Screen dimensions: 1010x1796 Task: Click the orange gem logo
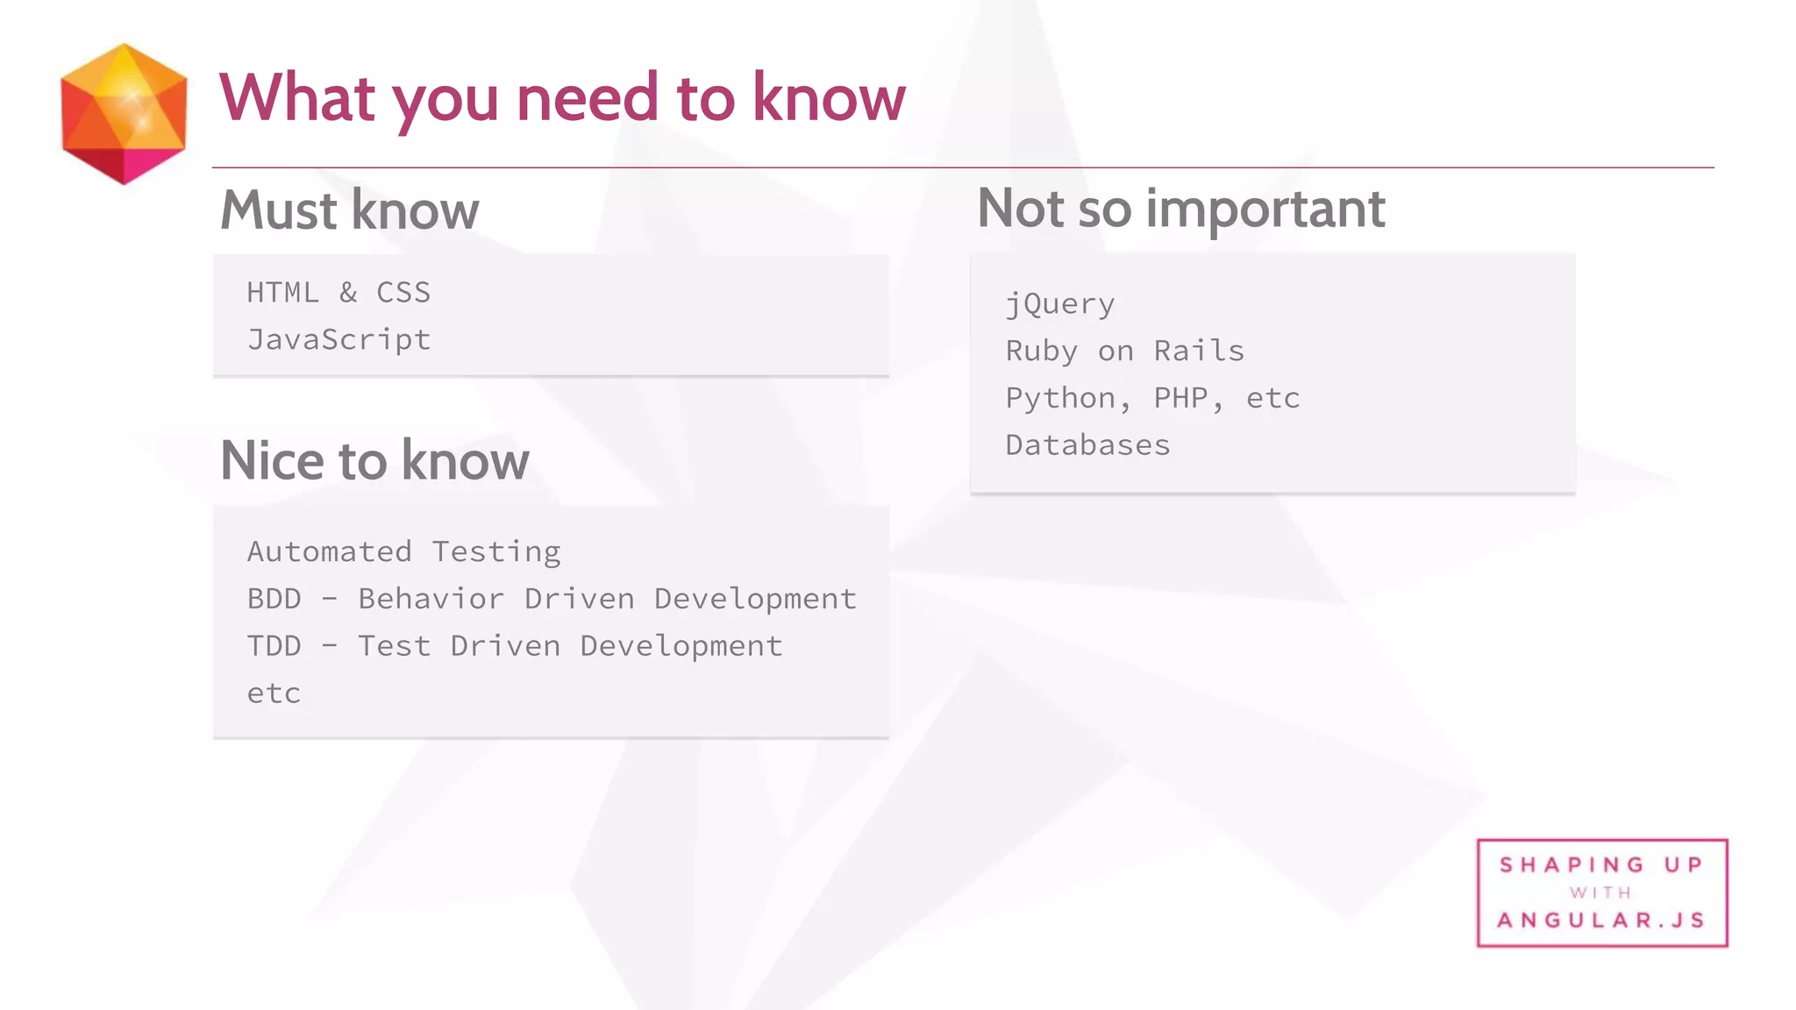(x=124, y=114)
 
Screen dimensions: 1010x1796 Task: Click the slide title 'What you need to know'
(x=561, y=97)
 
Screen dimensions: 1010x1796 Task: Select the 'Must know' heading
(x=349, y=210)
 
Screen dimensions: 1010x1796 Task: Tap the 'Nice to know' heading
(x=374, y=461)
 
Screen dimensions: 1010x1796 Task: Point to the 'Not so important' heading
(x=1180, y=209)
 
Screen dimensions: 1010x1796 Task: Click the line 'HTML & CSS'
(x=339, y=292)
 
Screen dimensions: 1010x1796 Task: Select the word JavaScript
(x=339, y=339)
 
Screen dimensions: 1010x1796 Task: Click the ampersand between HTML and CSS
(x=348, y=292)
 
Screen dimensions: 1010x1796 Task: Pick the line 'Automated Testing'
(x=403, y=551)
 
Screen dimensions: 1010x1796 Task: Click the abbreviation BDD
(x=274, y=599)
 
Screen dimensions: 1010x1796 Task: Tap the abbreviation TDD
(x=274, y=646)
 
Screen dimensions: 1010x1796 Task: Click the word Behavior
(x=431, y=599)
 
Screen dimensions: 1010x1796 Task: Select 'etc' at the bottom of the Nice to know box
(x=274, y=693)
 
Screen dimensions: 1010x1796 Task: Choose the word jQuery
(x=1059, y=304)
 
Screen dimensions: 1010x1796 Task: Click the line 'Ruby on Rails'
(x=1124, y=351)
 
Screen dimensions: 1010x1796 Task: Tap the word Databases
(x=1087, y=445)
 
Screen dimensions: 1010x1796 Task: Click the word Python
(x=1060, y=398)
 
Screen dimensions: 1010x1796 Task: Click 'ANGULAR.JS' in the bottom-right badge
(x=1601, y=921)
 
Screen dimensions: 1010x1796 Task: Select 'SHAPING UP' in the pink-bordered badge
(x=1601, y=865)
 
